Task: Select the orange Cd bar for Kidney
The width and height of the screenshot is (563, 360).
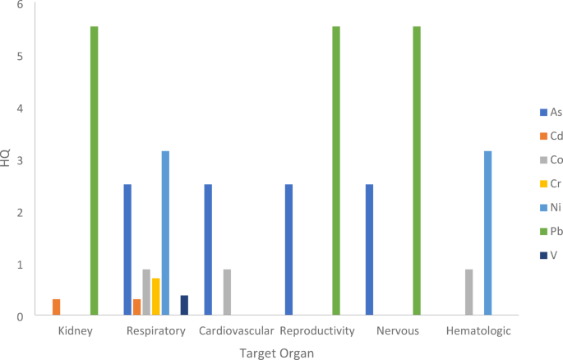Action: (57, 307)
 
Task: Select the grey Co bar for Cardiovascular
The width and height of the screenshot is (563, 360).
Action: (227, 293)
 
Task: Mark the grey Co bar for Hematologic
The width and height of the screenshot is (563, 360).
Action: (468, 293)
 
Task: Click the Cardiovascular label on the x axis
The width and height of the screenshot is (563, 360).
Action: (237, 332)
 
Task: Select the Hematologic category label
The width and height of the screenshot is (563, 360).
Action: (478, 332)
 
